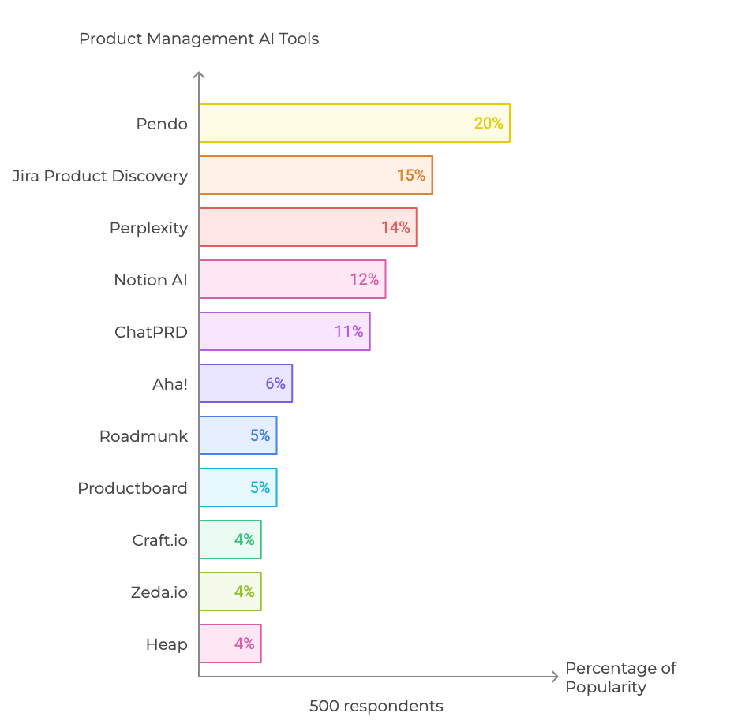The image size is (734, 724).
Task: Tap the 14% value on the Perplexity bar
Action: (x=395, y=227)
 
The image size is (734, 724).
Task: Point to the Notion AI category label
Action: (x=151, y=280)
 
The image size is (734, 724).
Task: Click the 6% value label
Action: (x=275, y=383)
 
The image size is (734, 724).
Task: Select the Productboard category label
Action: (x=133, y=488)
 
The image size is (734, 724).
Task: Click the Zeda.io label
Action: (x=159, y=592)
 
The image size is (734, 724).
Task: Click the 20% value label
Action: (x=489, y=123)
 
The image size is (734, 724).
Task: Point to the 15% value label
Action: (x=411, y=175)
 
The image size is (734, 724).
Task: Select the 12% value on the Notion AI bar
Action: (x=365, y=279)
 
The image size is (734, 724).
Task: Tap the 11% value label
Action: (x=349, y=331)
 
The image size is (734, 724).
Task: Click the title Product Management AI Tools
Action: (x=199, y=39)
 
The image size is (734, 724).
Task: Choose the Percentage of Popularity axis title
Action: (x=620, y=677)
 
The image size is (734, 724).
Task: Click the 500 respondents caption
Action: (x=376, y=706)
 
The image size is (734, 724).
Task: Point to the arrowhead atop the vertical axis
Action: (x=199, y=76)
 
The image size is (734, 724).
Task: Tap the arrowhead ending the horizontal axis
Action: (x=555, y=677)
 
